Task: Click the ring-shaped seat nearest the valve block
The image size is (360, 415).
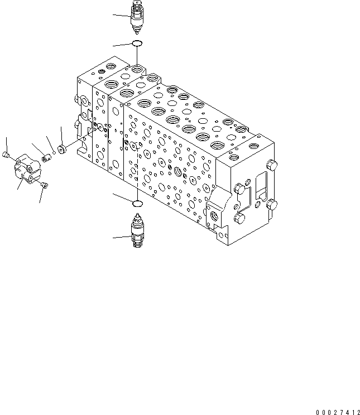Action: click(x=61, y=150)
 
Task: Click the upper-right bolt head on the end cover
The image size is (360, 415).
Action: click(x=272, y=166)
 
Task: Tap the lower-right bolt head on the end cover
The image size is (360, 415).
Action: click(x=272, y=205)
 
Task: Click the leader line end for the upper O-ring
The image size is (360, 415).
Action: click(x=113, y=45)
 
